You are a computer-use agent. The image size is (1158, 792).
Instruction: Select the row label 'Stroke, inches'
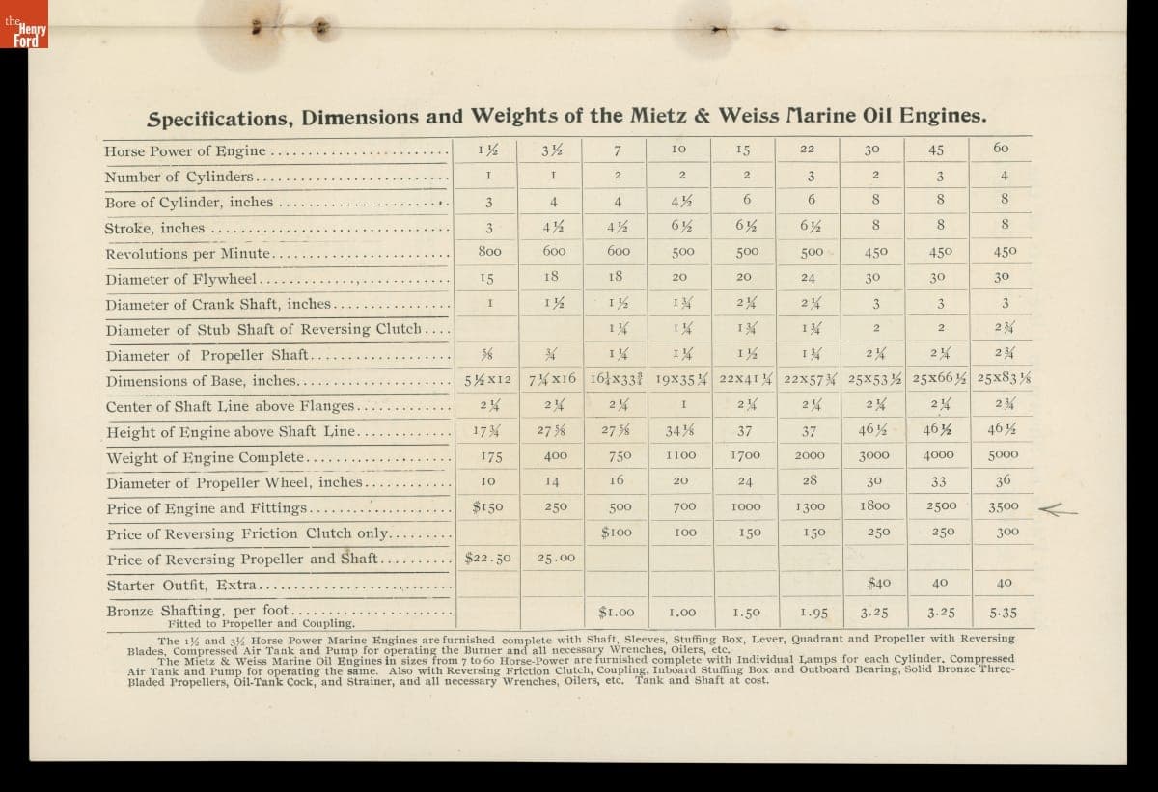pyautogui.click(x=154, y=229)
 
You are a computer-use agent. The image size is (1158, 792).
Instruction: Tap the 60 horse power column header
pyautogui.click(x=1001, y=148)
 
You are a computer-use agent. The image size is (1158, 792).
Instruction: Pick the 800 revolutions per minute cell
pyautogui.click(x=488, y=253)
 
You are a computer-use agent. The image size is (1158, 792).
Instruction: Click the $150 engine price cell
pyautogui.click(x=489, y=505)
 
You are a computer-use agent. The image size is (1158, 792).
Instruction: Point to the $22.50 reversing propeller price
pyautogui.click(x=488, y=558)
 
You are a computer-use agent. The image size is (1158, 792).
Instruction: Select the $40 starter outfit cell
pyautogui.click(x=878, y=583)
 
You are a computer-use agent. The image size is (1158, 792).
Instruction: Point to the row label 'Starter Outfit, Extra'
pyautogui.click(x=181, y=585)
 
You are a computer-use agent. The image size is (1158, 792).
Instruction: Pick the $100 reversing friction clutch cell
pyautogui.click(x=617, y=532)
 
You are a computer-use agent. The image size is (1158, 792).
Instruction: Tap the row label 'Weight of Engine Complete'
pyautogui.click(x=206, y=457)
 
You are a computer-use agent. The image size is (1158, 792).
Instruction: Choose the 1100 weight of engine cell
pyautogui.click(x=680, y=454)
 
